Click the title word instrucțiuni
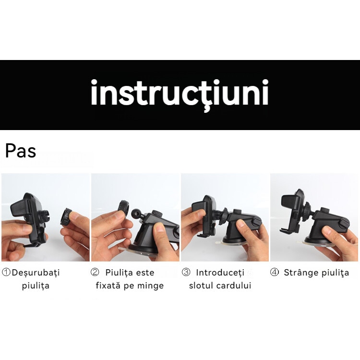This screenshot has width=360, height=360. click(x=180, y=94)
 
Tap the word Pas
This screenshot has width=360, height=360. click(x=21, y=151)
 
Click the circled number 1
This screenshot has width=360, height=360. click(x=6, y=272)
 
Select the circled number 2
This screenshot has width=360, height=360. click(x=95, y=272)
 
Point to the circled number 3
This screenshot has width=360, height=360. click(x=186, y=272)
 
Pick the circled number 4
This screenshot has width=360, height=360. click(x=274, y=272)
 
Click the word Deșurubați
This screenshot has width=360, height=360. click(x=36, y=273)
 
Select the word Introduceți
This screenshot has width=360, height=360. click(x=220, y=273)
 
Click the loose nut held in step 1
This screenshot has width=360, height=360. click(x=66, y=216)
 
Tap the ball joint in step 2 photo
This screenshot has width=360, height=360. click(x=136, y=214)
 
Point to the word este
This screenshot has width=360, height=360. click(x=145, y=273)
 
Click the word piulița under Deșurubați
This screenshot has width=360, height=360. click(x=36, y=286)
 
